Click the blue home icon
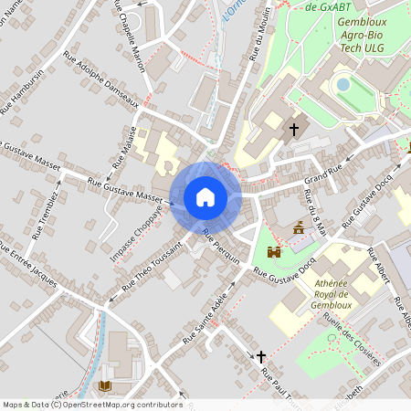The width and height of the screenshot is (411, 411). pyautogui.click(x=205, y=196)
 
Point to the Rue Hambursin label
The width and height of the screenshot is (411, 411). pyautogui.click(x=21, y=91)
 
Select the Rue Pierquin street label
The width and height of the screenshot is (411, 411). pyautogui.click(x=222, y=247)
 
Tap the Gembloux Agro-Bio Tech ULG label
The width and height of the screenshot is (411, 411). pyautogui.click(x=362, y=32)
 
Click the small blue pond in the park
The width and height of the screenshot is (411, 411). pyautogui.click(x=343, y=84)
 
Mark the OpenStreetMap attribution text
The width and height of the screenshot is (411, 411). pyautogui.click(x=92, y=405)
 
